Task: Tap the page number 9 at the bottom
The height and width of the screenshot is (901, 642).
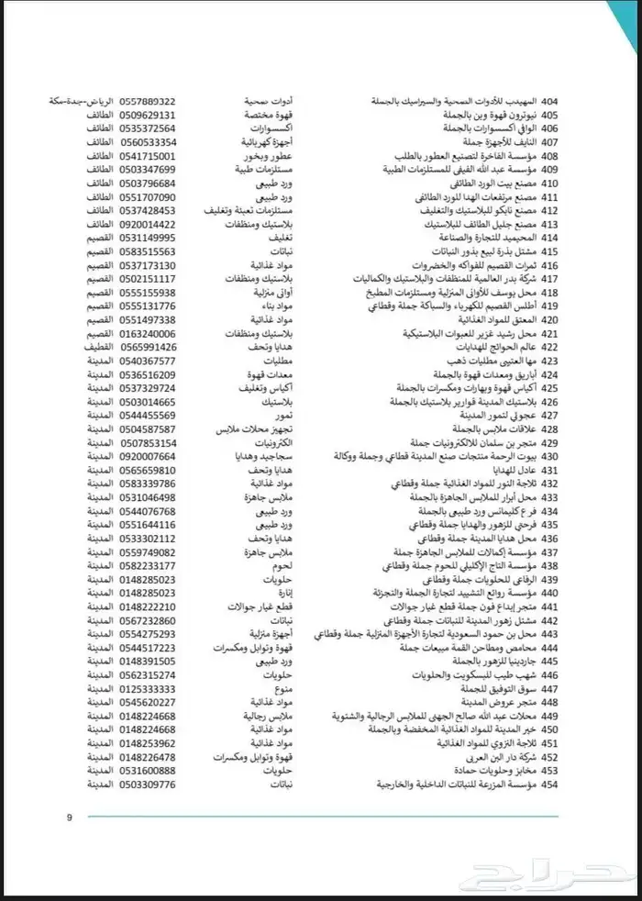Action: coord(68,817)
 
